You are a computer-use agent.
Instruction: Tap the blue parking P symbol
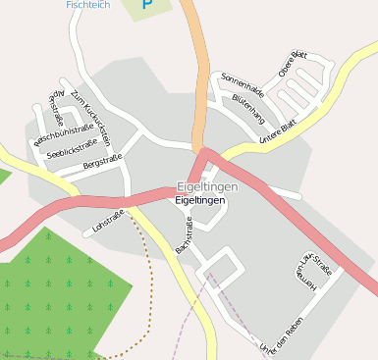tap(147, 5)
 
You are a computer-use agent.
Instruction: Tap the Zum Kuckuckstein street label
tap(97, 123)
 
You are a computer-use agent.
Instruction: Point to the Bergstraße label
tap(103, 162)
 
